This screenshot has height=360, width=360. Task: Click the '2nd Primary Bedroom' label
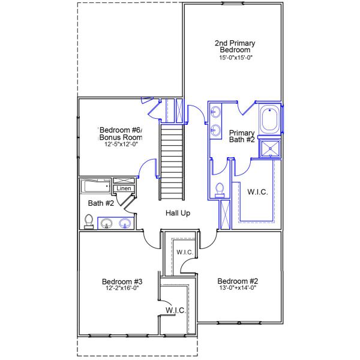click(235, 46)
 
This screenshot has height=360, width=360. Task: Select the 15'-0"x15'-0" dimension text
click(235, 57)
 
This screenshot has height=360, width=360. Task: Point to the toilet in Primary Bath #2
click(220, 190)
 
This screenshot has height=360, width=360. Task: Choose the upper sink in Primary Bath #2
click(215, 112)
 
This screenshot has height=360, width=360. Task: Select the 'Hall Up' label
click(178, 213)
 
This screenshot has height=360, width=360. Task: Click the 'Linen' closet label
click(124, 188)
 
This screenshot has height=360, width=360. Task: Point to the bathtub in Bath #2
click(96, 186)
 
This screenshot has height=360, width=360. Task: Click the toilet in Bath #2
click(89, 221)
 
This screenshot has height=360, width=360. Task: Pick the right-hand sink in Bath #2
click(125, 224)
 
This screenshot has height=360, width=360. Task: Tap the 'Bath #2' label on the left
click(101, 203)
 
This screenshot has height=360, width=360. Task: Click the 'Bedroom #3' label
click(122, 281)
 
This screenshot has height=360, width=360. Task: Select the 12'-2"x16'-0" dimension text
click(122, 288)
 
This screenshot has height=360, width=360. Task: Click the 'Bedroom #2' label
click(238, 281)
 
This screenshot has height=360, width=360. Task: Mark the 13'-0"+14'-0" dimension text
click(238, 288)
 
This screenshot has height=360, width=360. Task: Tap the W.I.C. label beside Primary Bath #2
click(257, 192)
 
